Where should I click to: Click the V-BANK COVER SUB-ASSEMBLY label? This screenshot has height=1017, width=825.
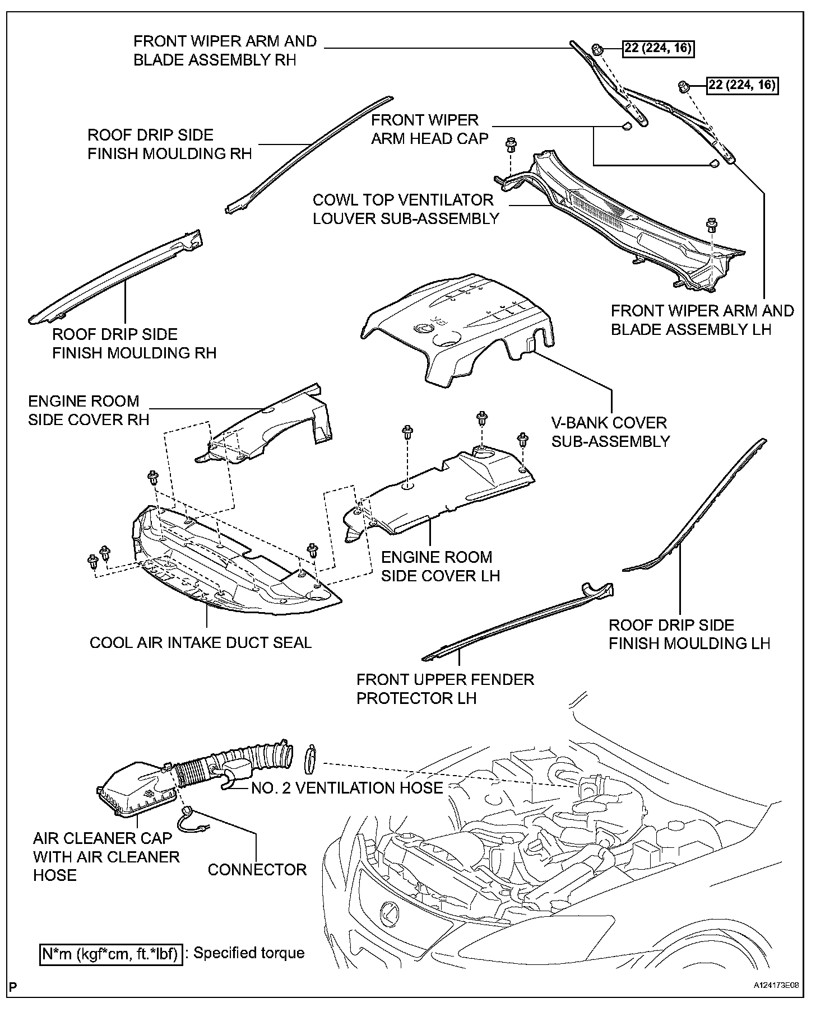pyautogui.click(x=610, y=432)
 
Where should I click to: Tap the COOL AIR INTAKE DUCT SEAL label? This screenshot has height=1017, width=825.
pyautogui.click(x=200, y=642)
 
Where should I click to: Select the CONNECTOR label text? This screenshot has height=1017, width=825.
pyautogui.click(x=257, y=870)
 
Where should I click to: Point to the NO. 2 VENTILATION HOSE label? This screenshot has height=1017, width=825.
pyautogui.click(x=347, y=788)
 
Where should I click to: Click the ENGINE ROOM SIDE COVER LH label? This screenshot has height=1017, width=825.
pyautogui.click(x=441, y=566)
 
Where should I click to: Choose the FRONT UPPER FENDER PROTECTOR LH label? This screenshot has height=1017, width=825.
pyautogui.click(x=445, y=689)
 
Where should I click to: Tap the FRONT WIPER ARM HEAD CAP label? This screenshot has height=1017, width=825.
pyautogui.click(x=430, y=129)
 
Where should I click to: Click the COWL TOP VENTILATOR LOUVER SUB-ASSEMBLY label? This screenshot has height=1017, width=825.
pyautogui.click(x=406, y=209)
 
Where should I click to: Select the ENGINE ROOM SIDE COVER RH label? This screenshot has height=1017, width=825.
pyautogui.click(x=89, y=410)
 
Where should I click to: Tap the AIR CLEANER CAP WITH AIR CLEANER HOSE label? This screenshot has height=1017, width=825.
pyautogui.click(x=106, y=857)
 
